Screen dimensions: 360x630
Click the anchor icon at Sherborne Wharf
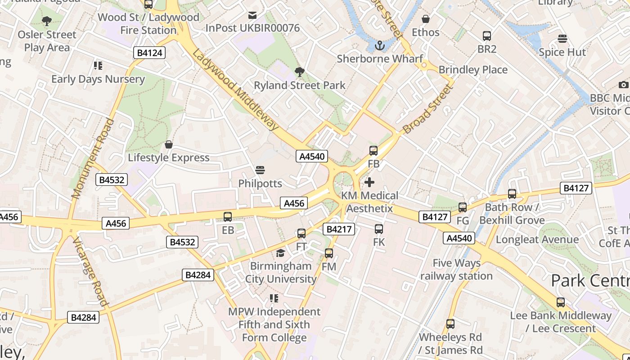pyautogui.click(x=380, y=45)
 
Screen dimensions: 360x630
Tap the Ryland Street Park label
pyautogui.click(x=300, y=85)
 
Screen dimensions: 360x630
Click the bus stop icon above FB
pyautogui.click(x=373, y=151)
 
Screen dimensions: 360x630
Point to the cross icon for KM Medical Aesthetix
pyautogui.click(x=369, y=182)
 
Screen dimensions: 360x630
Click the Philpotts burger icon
pyautogui.click(x=260, y=170)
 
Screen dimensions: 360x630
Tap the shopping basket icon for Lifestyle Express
pyautogui.click(x=169, y=144)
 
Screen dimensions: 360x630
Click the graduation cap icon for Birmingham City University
pyautogui.click(x=281, y=253)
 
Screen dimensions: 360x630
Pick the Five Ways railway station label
pyautogui.click(x=456, y=269)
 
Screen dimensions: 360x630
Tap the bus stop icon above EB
pyautogui.click(x=228, y=217)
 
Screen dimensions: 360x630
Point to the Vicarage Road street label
pyautogui.click(x=90, y=272)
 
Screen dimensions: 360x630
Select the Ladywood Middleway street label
pyautogui.click(x=235, y=90)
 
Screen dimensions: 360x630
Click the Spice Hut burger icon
pyautogui.click(x=562, y=39)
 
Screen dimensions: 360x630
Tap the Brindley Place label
pyautogui.click(x=473, y=70)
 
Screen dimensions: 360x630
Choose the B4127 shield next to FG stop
pyautogui.click(x=435, y=217)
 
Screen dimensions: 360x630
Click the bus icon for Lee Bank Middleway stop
pyautogui.click(x=560, y=302)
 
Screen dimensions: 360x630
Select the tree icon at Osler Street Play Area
pyautogui.click(x=46, y=21)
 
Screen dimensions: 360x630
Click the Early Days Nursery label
pyautogui.click(x=98, y=79)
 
